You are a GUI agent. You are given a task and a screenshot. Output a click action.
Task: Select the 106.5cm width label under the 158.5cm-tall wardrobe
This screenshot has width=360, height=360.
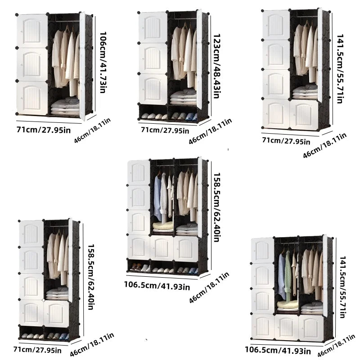pyautogui.click(x=157, y=285)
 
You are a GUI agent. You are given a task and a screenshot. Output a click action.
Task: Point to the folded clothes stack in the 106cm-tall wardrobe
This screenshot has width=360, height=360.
pyautogui.click(x=65, y=108)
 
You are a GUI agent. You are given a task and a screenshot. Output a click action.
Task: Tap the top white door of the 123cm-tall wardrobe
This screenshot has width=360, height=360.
pyautogui.click(x=153, y=27)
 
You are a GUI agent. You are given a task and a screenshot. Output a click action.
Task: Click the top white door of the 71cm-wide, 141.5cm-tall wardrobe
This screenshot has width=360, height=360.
pyautogui.click(x=276, y=25)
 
